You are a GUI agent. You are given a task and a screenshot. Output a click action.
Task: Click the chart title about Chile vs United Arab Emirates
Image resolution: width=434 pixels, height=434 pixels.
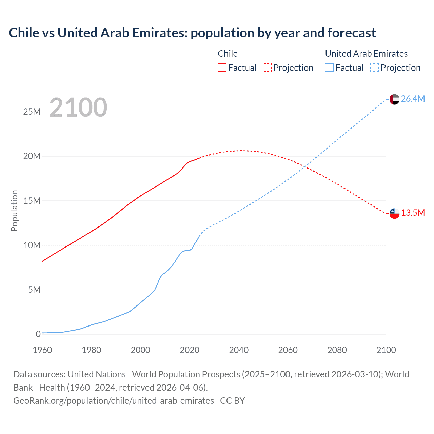click(192, 33)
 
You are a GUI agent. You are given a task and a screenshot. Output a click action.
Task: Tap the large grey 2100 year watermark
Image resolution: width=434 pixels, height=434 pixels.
click(78, 107)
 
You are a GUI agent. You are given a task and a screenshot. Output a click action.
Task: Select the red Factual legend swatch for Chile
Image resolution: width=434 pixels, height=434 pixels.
click(222, 67)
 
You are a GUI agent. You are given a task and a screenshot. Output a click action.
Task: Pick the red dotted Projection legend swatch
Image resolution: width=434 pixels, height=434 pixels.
click(267, 67)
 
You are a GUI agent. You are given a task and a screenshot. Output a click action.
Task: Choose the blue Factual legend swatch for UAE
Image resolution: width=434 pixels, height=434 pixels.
click(329, 67)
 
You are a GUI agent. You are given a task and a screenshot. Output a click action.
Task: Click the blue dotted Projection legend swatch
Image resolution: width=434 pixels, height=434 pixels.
click(374, 67)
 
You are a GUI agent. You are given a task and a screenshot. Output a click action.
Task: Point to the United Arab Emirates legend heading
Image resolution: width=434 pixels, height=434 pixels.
click(366, 54)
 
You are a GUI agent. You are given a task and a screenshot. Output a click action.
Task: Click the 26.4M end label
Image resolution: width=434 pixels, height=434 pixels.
click(413, 99)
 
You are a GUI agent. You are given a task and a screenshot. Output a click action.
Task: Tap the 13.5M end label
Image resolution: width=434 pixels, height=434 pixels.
click(413, 213)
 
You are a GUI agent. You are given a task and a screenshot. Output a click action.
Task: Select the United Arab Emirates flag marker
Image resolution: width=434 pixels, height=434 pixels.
click(394, 99)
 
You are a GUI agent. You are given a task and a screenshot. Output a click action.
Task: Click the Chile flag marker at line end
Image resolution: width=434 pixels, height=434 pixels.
click(394, 214)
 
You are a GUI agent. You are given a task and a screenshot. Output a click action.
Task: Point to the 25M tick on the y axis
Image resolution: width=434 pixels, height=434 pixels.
click(32, 112)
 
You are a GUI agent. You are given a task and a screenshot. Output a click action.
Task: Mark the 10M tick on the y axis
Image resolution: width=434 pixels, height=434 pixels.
click(32, 245)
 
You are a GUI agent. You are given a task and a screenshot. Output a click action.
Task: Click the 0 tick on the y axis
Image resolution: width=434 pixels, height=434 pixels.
click(38, 334)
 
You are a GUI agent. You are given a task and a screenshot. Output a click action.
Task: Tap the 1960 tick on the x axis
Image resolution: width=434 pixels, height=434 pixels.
click(42, 350)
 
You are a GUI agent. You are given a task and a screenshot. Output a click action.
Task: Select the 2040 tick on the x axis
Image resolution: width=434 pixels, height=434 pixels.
click(239, 350)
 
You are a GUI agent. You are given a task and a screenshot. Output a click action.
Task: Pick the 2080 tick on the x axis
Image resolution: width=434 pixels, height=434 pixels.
click(337, 350)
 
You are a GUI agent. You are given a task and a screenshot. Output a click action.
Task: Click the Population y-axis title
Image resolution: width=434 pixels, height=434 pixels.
click(14, 211)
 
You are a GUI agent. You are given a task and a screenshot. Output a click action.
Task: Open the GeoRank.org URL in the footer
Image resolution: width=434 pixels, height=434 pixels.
click(114, 401)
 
